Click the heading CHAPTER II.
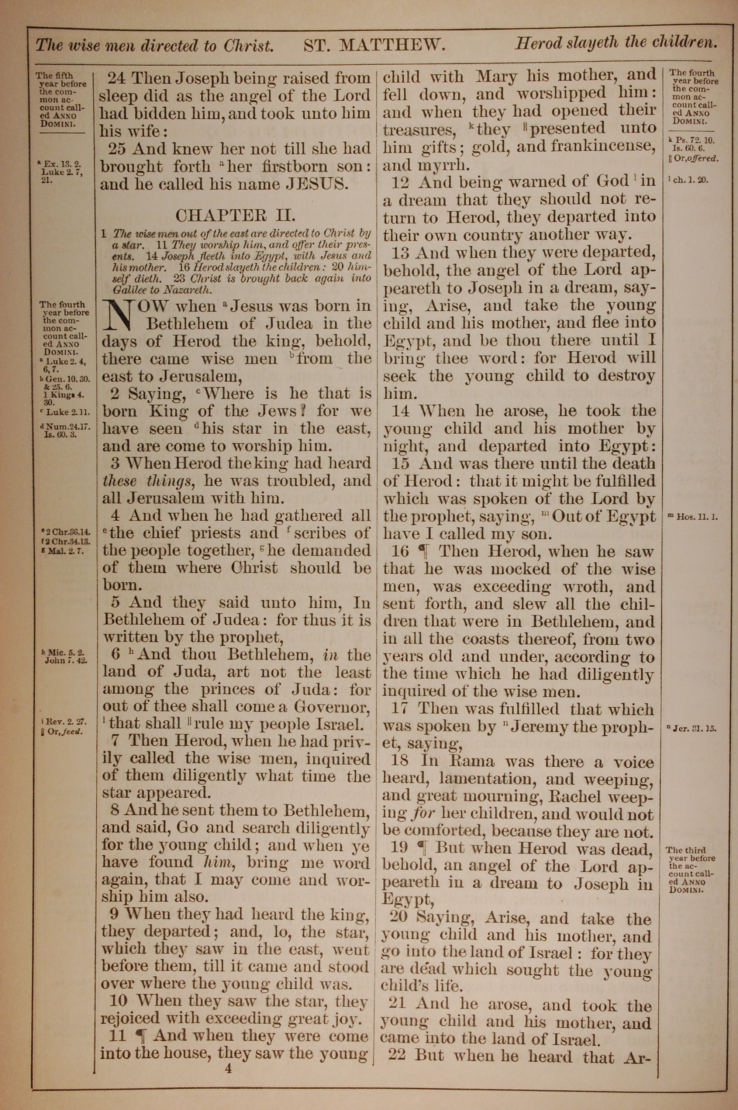(x=235, y=216)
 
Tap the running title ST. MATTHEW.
(x=374, y=45)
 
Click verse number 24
(x=118, y=78)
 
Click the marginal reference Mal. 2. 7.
(x=63, y=551)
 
